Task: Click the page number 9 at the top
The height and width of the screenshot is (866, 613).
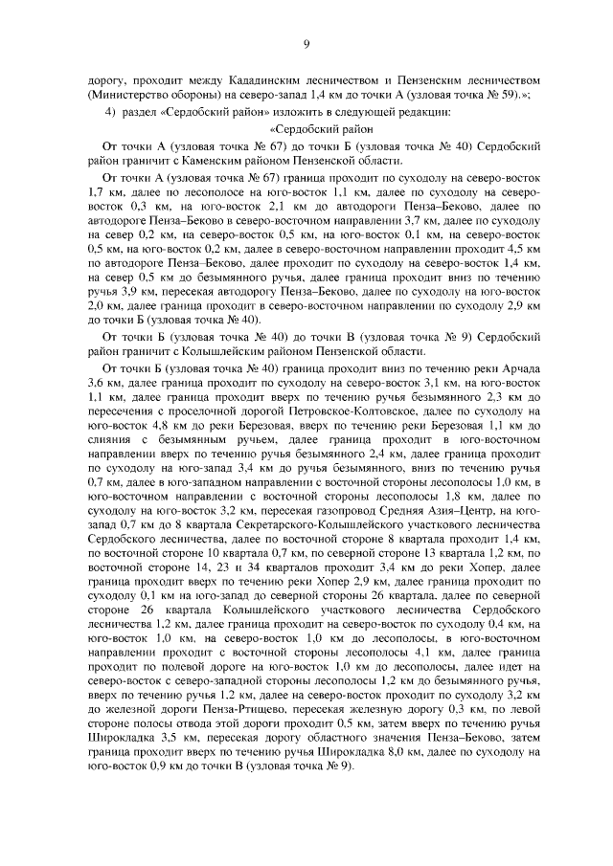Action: (x=306, y=42)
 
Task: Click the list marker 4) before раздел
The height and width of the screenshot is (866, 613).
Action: (x=110, y=112)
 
